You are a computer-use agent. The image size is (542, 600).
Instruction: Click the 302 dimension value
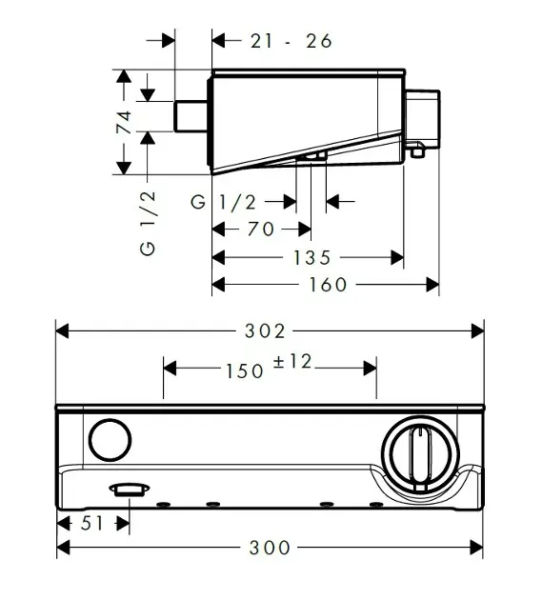(x=266, y=330)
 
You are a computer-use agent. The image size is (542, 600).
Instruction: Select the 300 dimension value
(x=271, y=548)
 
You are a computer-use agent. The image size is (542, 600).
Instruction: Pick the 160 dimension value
(x=328, y=284)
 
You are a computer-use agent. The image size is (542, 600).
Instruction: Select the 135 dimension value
(x=311, y=257)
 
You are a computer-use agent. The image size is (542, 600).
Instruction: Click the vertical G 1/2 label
(x=149, y=221)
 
